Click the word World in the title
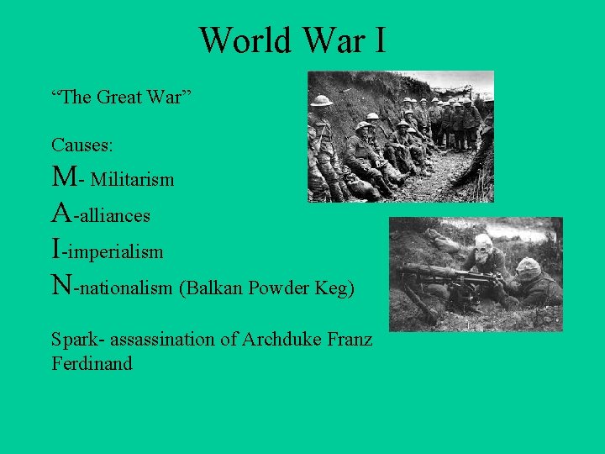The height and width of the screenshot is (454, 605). [x=245, y=40]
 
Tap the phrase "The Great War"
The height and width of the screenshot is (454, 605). [x=122, y=97]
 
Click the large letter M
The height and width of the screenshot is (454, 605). [x=62, y=177]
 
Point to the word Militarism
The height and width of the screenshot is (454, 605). [x=132, y=179]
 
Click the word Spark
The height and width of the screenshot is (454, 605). [x=75, y=340]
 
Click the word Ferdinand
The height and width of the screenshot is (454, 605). [x=92, y=364]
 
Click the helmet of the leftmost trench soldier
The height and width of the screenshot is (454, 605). [x=321, y=101]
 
